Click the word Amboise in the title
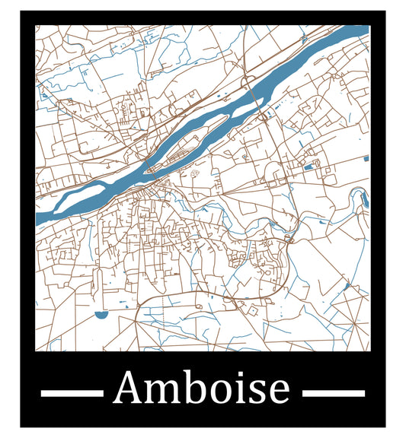202,389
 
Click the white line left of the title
71,393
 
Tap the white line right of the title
334,393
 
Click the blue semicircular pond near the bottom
101,313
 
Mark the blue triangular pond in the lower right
347,286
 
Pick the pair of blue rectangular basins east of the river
310,164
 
